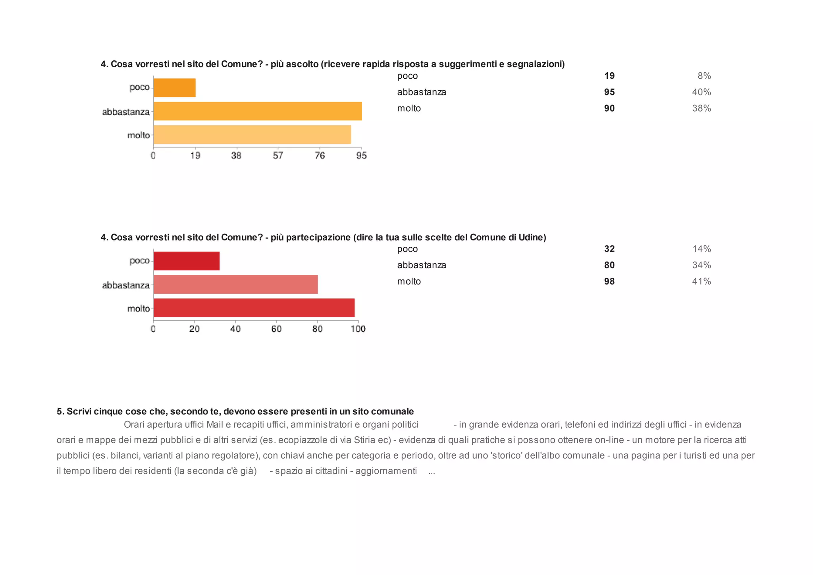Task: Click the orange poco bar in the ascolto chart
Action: [x=174, y=88]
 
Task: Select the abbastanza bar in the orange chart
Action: [x=258, y=111]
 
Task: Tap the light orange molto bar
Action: [x=252, y=135]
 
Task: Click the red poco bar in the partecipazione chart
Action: [x=186, y=261]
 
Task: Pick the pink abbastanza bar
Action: [x=235, y=285]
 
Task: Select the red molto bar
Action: [x=254, y=308]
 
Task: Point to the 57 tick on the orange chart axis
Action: [x=278, y=155]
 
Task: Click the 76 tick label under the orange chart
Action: [x=320, y=155]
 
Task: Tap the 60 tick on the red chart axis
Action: [x=276, y=329]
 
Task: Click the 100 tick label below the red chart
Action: [x=358, y=329]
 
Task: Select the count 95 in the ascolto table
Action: [x=609, y=92]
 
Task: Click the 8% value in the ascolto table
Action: [x=704, y=76]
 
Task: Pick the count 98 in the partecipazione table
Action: [x=609, y=281]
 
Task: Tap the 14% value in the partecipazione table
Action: [x=701, y=249]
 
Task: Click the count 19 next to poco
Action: [x=609, y=76]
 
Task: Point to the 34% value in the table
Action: [x=701, y=265]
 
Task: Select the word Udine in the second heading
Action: [x=532, y=238]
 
